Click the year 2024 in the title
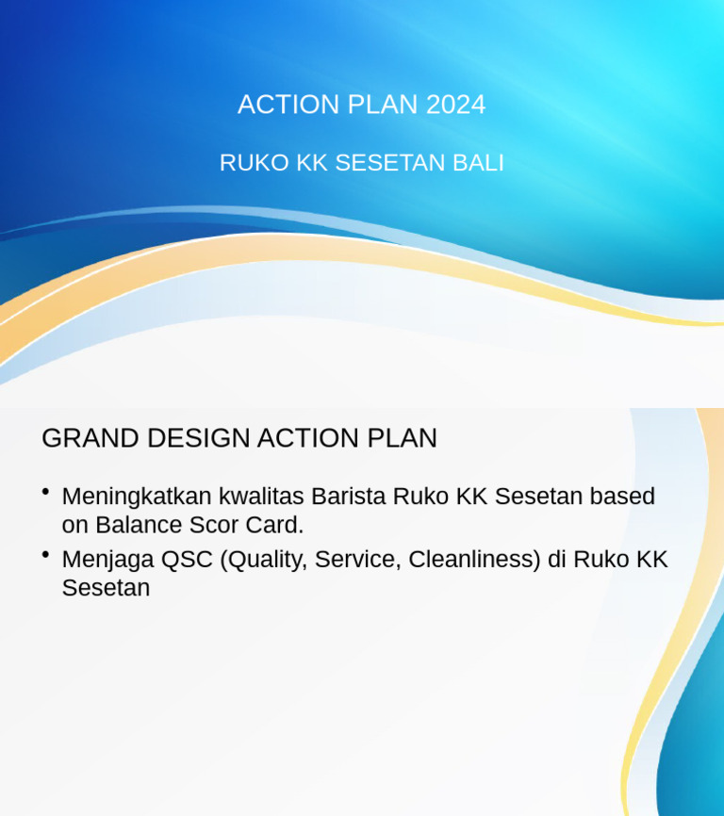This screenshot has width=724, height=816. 455,105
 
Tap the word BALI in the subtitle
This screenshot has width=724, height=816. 478,163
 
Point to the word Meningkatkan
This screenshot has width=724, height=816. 137,497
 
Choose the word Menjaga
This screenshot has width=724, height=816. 107,560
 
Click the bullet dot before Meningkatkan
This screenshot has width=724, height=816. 45,492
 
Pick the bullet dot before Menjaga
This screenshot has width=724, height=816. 45,555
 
